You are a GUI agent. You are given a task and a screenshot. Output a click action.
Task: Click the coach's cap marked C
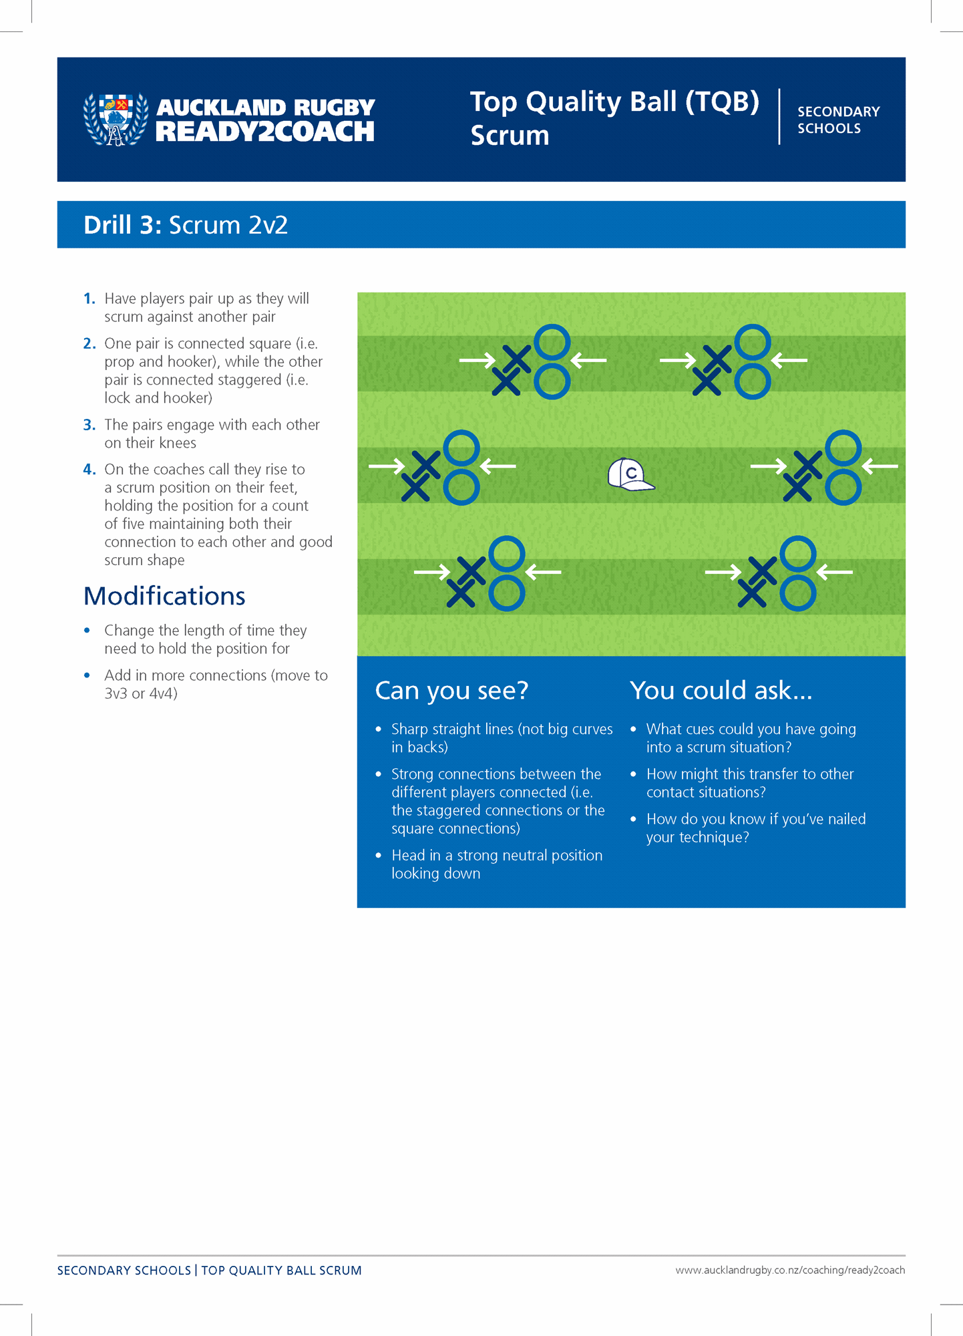pos(630,474)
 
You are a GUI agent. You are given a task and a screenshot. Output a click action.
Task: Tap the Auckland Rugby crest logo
pos(116,119)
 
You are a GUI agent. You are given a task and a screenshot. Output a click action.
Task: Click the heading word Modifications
pos(164,596)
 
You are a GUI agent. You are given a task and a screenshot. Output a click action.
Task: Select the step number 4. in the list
pos(89,470)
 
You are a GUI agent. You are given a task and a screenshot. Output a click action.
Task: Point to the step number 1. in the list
pos(89,299)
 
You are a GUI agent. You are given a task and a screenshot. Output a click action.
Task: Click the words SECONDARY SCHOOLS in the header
pos(838,120)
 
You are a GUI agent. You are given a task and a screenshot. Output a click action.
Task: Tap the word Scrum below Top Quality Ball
pos(510,136)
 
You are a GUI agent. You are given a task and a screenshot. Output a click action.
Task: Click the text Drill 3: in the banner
pos(122,225)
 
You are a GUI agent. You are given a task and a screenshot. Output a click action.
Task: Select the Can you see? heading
pos(451,690)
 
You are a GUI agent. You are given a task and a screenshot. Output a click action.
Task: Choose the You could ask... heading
pos(721,690)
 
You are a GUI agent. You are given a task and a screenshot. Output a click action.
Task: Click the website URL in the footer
pos(790,1270)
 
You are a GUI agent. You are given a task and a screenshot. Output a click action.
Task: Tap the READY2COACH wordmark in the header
pos(264,132)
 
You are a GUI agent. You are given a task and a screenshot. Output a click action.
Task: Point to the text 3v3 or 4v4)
pos(141,693)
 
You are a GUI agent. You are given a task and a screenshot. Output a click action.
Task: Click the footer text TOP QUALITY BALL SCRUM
pos(281,1271)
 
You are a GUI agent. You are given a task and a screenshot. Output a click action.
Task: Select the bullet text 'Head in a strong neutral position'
pos(497,856)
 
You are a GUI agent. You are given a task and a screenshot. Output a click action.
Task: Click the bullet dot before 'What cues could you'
pos(633,729)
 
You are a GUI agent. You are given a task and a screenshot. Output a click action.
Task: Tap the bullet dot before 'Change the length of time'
pos(87,630)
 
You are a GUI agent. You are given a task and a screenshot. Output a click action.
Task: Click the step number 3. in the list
pos(89,425)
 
